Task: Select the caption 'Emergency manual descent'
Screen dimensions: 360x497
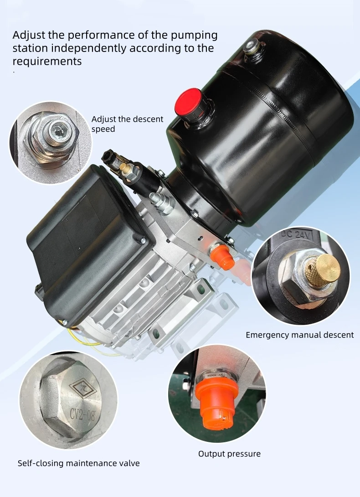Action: [299, 335]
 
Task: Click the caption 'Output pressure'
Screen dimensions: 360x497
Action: [229, 454]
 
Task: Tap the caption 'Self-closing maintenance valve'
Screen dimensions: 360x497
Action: [78, 463]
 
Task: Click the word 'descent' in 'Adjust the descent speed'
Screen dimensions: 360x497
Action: [148, 119]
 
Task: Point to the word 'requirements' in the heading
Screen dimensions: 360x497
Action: [47, 61]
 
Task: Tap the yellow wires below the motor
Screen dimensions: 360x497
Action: [89, 341]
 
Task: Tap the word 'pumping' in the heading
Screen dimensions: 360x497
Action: [194, 36]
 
